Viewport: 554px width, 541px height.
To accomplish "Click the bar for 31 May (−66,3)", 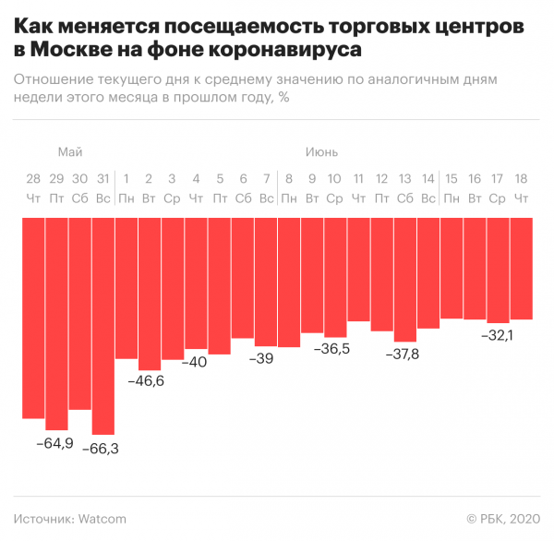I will [102, 325].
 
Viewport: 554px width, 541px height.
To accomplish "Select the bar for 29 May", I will [56, 323].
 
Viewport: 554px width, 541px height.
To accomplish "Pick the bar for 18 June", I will [522, 268].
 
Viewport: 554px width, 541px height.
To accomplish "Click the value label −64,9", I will [55, 443].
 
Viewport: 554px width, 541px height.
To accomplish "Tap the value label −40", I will [195, 362].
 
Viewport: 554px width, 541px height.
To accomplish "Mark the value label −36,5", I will [332, 348].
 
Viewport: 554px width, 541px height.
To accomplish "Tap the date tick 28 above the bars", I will [33, 178].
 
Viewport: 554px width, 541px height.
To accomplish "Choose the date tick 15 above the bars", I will [452, 178].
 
